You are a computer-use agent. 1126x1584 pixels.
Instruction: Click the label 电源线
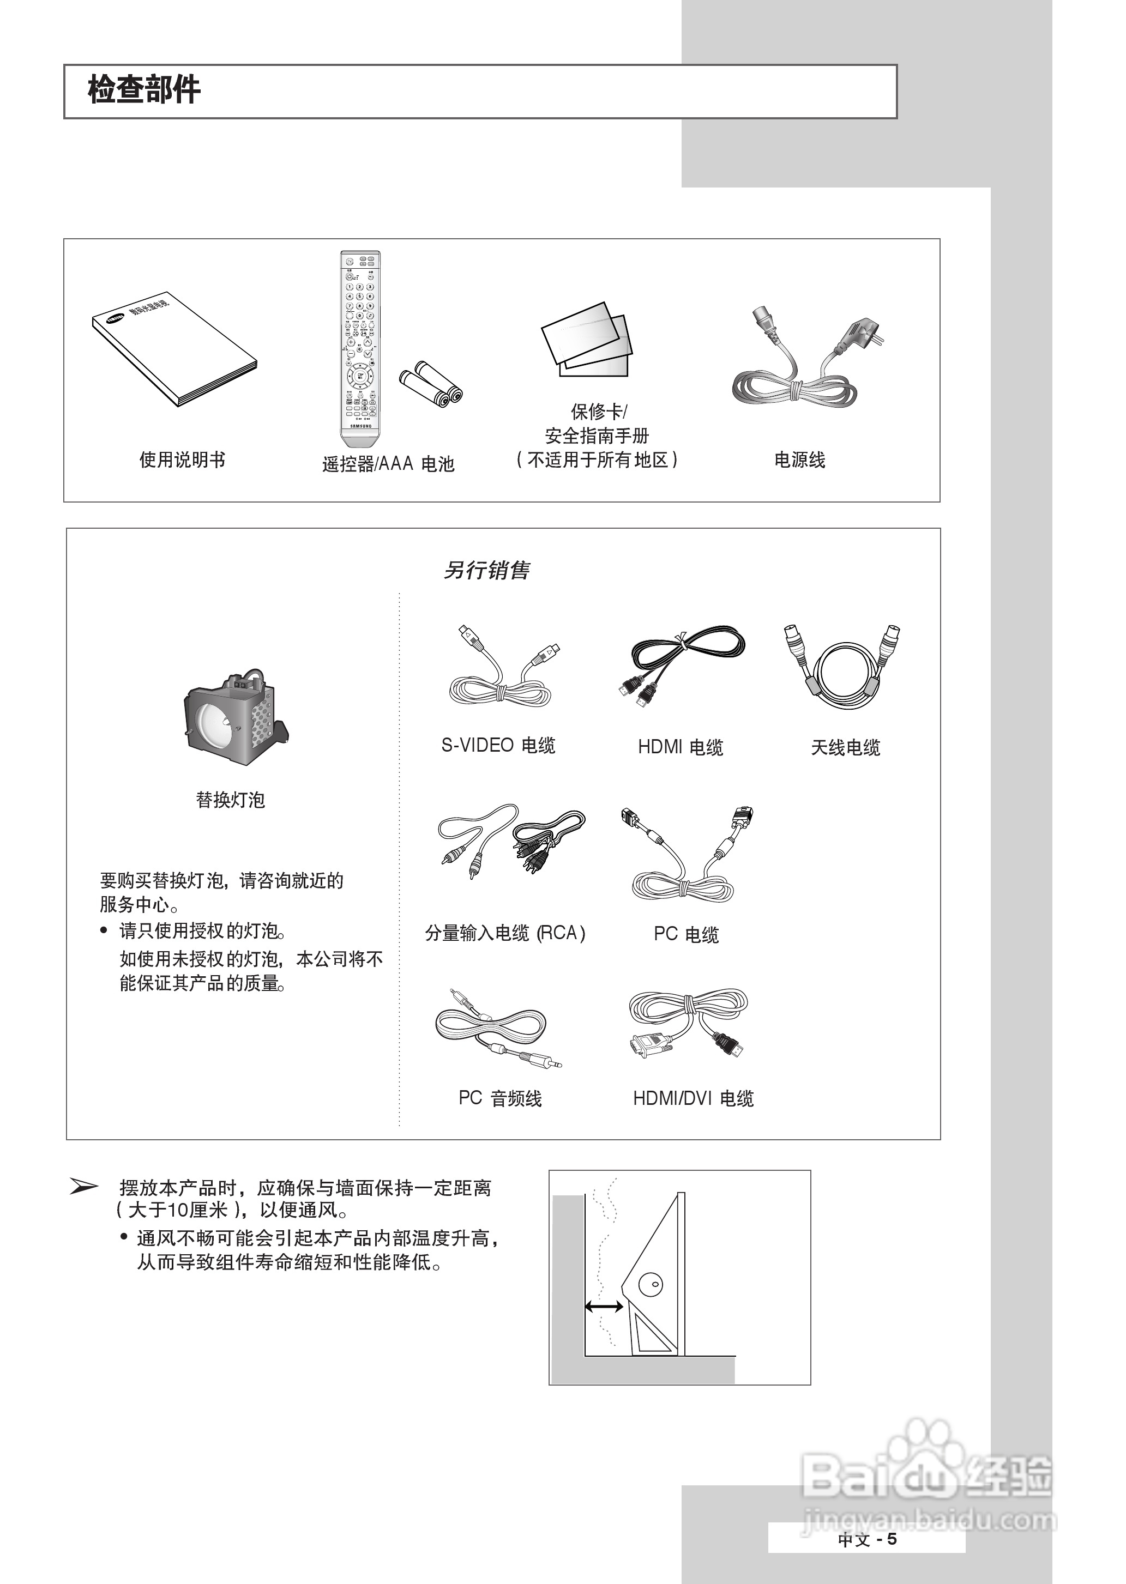point(799,460)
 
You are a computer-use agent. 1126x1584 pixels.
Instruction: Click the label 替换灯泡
point(230,800)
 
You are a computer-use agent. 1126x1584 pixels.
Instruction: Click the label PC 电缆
point(686,935)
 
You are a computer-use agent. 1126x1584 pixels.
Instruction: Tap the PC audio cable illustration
point(496,1030)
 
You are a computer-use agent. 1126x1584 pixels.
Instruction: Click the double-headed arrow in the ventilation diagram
point(603,1307)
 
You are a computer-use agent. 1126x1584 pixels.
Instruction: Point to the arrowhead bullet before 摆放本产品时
point(85,1187)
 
